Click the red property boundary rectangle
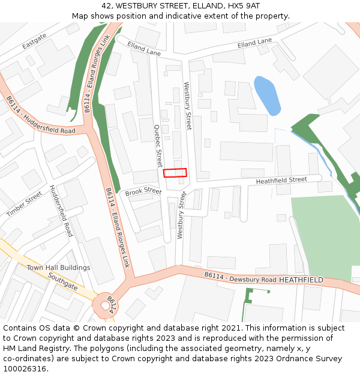click(175, 173)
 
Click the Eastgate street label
click(34, 41)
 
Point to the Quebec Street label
click(158, 146)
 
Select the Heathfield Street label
click(281, 180)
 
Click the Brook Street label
click(143, 191)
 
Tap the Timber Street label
click(24, 204)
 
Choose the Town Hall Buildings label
click(58, 268)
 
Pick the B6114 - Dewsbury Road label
click(240, 277)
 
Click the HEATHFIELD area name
click(301, 280)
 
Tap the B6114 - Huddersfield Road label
click(41, 116)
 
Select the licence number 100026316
click(25, 368)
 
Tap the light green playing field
click(324, 234)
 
